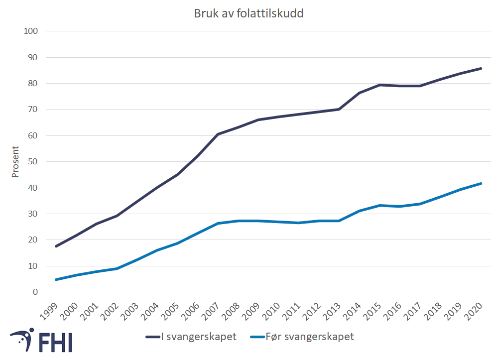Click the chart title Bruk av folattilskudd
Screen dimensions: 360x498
pos(249,13)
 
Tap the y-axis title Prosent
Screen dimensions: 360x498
pos(15,161)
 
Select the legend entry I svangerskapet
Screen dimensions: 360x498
pos(191,337)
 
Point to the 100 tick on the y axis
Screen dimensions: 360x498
pos(31,31)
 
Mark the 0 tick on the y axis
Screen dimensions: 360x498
pos(35,292)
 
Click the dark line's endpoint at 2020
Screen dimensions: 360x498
pos(481,68)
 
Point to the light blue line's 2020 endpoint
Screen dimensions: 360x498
pos(481,183)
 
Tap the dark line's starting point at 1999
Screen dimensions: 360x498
pos(56,246)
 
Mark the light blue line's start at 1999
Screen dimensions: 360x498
pos(56,279)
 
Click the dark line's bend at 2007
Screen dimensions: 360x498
pos(218,134)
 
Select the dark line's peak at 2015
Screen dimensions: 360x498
pos(380,85)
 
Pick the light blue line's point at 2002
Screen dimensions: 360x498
pos(117,268)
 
